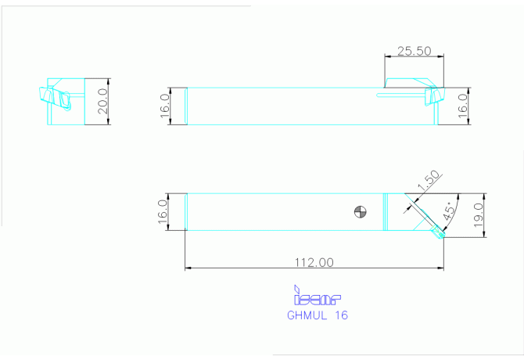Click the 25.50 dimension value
pos(414,51)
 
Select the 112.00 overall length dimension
pos(314,262)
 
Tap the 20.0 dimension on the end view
pos(102,101)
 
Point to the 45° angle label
pos(450,211)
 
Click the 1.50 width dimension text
pos(429,181)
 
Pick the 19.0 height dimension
pos(479,215)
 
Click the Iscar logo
pos(317,295)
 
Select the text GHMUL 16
pos(318,315)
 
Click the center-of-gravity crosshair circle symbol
pos(361,211)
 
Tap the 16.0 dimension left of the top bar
pos(165,106)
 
